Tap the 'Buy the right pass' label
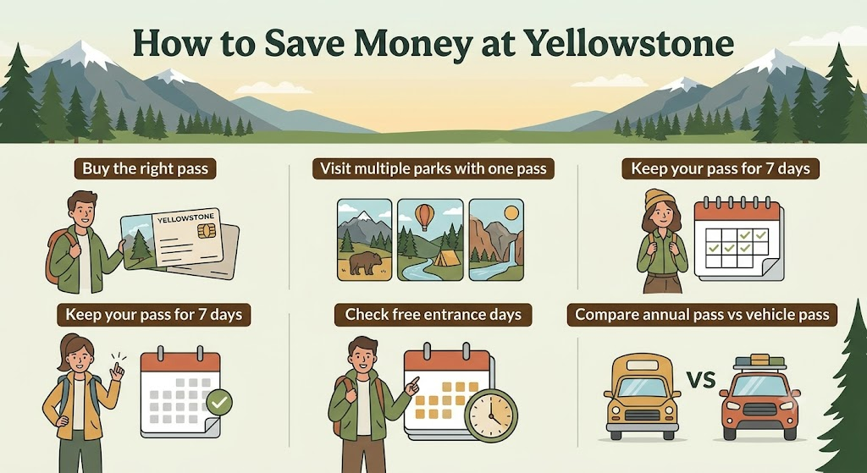point(146,168)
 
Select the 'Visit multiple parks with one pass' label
point(433,168)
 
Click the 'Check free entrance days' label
point(433,315)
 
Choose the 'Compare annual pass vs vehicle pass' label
point(702,315)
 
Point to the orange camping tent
point(444,257)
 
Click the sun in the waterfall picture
point(511,212)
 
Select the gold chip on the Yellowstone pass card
point(207,231)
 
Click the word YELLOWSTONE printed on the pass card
point(181,217)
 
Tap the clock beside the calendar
point(491,415)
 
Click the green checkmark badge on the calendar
point(219,402)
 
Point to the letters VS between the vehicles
point(700,380)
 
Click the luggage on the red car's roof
point(759,362)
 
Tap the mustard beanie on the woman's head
point(660,199)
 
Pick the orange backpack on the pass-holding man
point(58,254)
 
